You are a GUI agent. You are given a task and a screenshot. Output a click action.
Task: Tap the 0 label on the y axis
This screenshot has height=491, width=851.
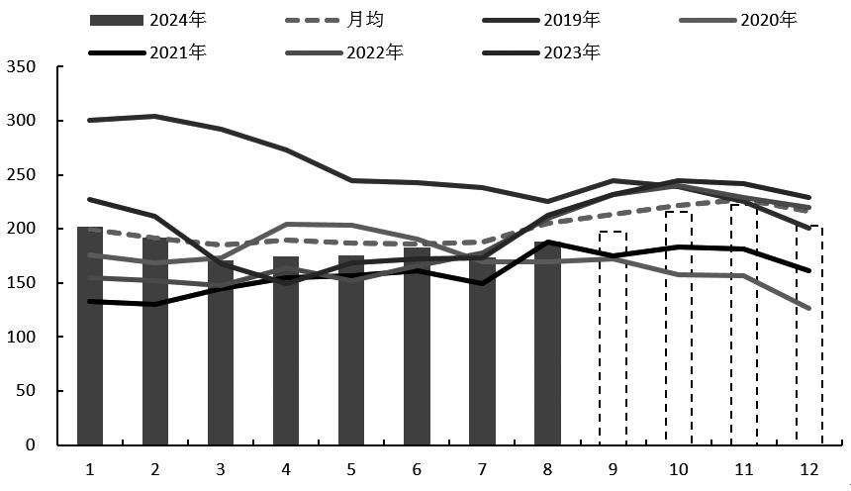[30, 445]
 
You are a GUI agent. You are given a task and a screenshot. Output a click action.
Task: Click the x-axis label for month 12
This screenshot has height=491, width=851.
[809, 468]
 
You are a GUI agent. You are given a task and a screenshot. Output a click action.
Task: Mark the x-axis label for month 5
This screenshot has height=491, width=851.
[351, 468]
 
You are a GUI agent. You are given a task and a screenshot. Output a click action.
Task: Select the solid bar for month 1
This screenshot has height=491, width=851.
[90, 337]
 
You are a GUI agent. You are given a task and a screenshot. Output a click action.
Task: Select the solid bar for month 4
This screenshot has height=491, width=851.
[286, 350]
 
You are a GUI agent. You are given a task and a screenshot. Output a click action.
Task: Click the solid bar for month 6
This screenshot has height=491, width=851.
[417, 346]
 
